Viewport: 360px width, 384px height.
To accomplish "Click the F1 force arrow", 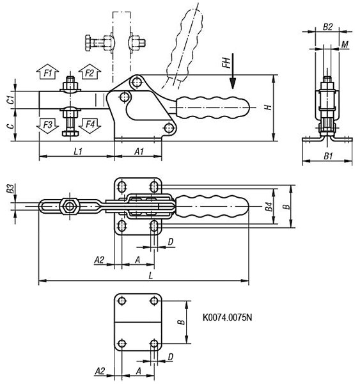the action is point(48,72).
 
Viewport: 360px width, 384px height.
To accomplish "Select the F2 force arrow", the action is point(90,72).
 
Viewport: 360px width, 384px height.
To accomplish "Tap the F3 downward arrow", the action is point(47,125).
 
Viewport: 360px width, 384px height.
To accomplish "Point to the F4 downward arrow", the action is point(90,125).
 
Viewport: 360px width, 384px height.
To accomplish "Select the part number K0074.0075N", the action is point(227,317).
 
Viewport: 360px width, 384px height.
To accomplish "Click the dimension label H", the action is point(269,108).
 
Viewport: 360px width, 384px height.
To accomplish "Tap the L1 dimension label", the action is point(78,152).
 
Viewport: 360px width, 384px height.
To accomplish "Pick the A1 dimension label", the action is point(139,152).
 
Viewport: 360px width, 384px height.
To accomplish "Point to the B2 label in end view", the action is point(327,27).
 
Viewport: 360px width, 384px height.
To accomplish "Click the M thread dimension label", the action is point(345,45).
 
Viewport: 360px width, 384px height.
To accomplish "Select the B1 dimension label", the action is point(328,156).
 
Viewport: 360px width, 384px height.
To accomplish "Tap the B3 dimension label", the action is point(10,189).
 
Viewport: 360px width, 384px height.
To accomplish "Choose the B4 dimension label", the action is point(269,207).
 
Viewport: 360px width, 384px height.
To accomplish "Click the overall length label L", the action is point(151,276).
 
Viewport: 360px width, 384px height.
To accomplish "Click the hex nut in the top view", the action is point(70,207).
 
